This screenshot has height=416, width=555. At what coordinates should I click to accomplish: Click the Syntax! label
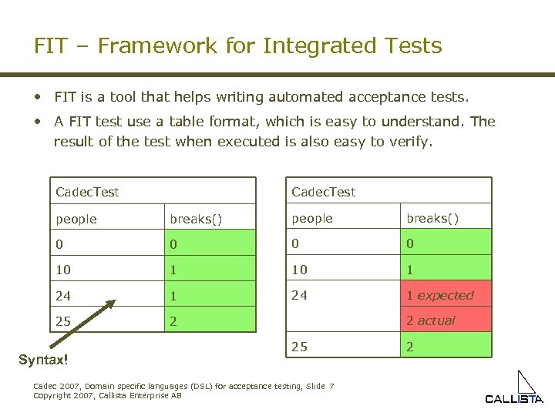(x=43, y=360)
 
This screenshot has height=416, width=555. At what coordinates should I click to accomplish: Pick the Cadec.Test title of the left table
(x=87, y=191)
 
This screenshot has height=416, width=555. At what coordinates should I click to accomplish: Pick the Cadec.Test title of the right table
(x=323, y=191)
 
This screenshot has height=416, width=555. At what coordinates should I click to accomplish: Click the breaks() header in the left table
(x=196, y=219)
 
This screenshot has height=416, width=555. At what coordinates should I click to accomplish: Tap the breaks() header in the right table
(x=432, y=218)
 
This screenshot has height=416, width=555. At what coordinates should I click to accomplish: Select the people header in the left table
(x=76, y=219)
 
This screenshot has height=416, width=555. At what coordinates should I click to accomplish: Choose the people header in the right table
(x=312, y=218)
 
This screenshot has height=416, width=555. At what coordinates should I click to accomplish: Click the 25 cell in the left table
(x=63, y=320)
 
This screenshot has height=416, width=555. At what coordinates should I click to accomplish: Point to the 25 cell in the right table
(x=299, y=347)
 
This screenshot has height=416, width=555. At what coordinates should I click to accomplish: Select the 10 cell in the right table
(x=299, y=269)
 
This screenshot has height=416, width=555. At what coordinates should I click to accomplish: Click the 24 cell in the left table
(x=63, y=294)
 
